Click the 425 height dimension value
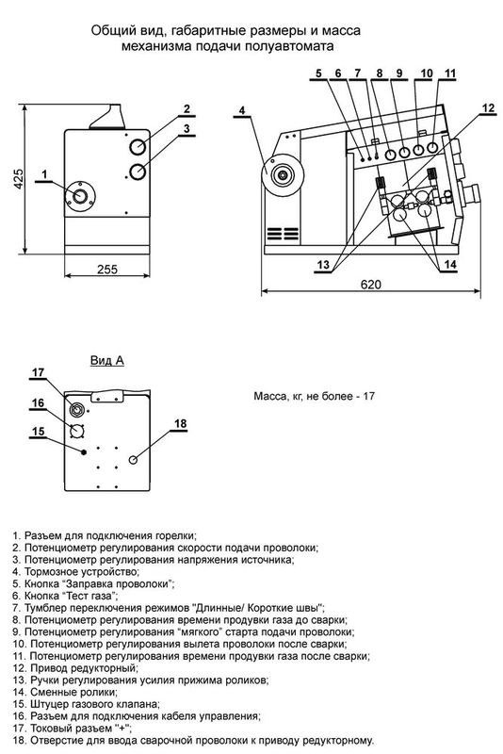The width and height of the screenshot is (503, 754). tap(18, 178)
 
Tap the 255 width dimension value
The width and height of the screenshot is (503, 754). tap(107, 270)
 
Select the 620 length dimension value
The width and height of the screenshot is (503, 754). tap(370, 285)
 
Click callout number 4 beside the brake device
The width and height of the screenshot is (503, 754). tap(242, 110)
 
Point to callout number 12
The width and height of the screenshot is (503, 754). tap(488, 107)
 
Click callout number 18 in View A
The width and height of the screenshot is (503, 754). tap(180, 423)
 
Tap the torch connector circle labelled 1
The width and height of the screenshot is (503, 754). tap(80, 195)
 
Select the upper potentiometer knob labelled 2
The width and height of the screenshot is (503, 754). tap(138, 147)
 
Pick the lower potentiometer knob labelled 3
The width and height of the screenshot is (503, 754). tap(138, 172)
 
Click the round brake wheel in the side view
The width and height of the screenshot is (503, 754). tap(282, 174)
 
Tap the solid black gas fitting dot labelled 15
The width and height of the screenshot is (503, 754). tap(84, 452)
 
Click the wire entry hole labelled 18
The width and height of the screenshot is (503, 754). tap(133, 460)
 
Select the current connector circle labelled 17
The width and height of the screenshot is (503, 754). tap(76, 409)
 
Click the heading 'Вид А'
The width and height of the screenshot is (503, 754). tap(107, 360)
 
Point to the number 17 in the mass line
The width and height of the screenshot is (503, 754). tap(368, 397)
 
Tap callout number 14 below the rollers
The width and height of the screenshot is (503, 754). tap(449, 265)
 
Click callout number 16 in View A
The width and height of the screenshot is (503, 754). tap(38, 403)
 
